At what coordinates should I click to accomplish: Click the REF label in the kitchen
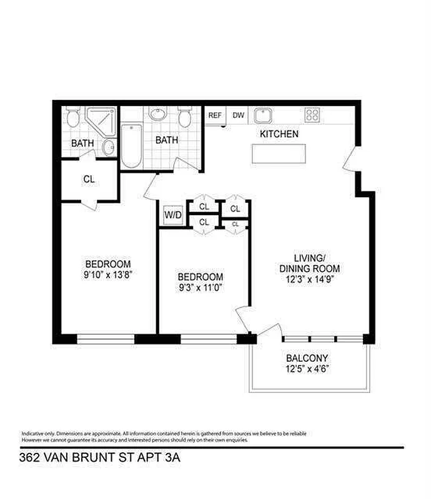215,115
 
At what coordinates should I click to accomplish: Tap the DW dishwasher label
238,115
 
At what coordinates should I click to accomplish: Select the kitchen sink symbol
262,115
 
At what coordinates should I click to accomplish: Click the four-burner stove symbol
312,115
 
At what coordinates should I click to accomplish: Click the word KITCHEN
279,134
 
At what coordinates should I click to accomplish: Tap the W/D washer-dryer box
172,216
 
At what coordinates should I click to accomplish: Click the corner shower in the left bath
101,120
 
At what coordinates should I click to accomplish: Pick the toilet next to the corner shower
72,117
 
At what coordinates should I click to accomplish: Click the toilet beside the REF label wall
185,117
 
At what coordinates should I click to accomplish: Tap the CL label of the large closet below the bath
89,179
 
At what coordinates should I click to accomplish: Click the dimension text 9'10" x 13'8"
108,274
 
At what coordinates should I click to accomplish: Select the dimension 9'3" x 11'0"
200,288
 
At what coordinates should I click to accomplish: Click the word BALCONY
307,359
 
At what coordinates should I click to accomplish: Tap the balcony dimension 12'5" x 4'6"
307,369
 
